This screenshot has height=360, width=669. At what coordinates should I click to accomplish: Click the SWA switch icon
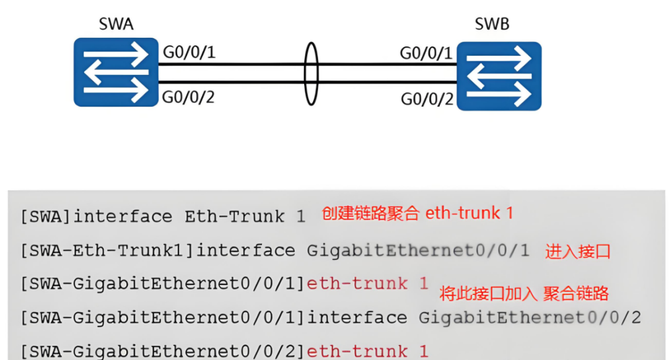click(116, 72)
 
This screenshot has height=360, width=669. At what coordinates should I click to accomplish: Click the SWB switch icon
click(499, 76)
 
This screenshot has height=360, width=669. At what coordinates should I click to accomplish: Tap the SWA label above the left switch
click(116, 25)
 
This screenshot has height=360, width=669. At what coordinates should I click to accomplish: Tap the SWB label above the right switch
click(492, 25)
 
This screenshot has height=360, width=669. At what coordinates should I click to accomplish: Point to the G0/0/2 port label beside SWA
click(189, 97)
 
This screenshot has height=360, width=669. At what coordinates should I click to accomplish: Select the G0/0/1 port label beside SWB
click(426, 53)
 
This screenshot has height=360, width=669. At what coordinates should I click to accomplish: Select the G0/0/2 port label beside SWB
click(427, 99)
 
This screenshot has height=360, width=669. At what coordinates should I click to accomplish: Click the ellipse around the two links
click(311, 74)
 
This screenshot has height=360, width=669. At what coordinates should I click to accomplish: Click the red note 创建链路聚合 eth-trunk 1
click(418, 214)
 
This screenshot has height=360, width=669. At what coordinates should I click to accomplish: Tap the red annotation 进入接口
click(578, 252)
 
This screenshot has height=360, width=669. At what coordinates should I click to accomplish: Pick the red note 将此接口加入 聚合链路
click(524, 293)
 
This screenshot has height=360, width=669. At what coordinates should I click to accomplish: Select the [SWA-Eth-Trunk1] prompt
click(107, 251)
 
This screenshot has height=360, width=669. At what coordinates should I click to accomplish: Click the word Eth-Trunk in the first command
click(234, 217)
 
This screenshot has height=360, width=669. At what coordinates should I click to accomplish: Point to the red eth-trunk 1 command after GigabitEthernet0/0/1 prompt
click(367, 284)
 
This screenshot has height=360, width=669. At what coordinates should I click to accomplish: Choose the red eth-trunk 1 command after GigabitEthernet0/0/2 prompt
click(367, 351)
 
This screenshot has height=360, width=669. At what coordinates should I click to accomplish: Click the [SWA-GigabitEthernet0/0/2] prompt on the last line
click(163, 351)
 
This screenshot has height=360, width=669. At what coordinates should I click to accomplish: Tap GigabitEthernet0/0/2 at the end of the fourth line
click(530, 318)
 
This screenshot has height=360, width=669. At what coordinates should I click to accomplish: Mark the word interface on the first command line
click(123, 217)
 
